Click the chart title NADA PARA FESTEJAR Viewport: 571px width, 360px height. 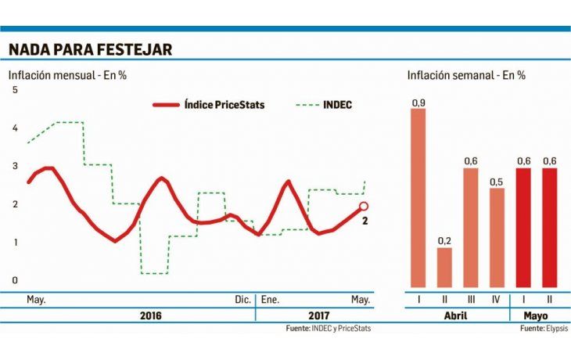90,50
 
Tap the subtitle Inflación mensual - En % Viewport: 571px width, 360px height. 68,76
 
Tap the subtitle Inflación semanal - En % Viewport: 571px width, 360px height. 466,76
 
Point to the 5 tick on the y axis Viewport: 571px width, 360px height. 13,91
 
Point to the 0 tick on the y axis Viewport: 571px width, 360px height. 13,280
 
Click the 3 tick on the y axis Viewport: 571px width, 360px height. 13,167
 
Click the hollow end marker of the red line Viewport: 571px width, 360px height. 363,207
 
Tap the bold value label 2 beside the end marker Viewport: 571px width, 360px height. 365,221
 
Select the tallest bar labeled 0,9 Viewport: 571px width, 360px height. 418,198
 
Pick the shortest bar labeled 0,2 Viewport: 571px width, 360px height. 444,268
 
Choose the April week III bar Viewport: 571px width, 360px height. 471,228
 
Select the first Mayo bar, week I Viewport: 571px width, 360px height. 523,228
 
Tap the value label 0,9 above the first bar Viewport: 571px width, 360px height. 418,103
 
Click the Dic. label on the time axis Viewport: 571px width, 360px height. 242,300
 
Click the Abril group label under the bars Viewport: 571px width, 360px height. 457,315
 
